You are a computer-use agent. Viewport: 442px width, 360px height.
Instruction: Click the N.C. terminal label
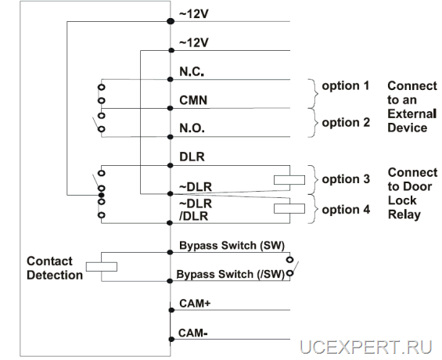[x=192, y=71]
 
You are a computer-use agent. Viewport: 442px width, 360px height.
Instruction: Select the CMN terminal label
[x=193, y=100]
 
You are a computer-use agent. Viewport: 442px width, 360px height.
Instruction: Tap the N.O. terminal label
[x=192, y=128]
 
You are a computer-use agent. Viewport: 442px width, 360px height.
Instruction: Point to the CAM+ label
[x=195, y=304]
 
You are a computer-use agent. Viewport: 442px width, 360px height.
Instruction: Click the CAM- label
[x=193, y=333]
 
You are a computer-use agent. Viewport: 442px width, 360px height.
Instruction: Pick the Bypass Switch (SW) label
[x=232, y=246]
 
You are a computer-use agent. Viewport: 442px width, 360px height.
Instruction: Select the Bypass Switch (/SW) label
[x=231, y=274]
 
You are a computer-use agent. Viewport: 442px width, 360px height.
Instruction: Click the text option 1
[x=346, y=86]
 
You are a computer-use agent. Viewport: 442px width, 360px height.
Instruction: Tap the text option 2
[x=346, y=123]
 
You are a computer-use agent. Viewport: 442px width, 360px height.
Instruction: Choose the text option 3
[x=346, y=179]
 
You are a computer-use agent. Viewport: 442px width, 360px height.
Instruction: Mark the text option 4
[x=346, y=210]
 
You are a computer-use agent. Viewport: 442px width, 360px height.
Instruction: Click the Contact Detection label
[x=55, y=268]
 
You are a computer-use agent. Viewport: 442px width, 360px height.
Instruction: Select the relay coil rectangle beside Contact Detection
[x=102, y=267]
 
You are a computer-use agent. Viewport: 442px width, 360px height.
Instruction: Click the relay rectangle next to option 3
[x=289, y=180]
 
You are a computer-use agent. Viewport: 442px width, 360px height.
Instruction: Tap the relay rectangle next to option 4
[x=289, y=209]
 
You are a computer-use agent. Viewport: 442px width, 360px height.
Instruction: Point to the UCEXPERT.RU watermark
[x=365, y=347]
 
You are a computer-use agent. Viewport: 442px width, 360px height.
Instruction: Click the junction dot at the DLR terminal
[x=170, y=165]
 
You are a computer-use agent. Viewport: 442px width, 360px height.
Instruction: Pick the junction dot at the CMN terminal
[x=170, y=108]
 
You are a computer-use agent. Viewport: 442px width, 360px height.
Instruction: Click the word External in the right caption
[x=412, y=114]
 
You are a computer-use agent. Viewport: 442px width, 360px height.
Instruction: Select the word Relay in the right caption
[x=404, y=214]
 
